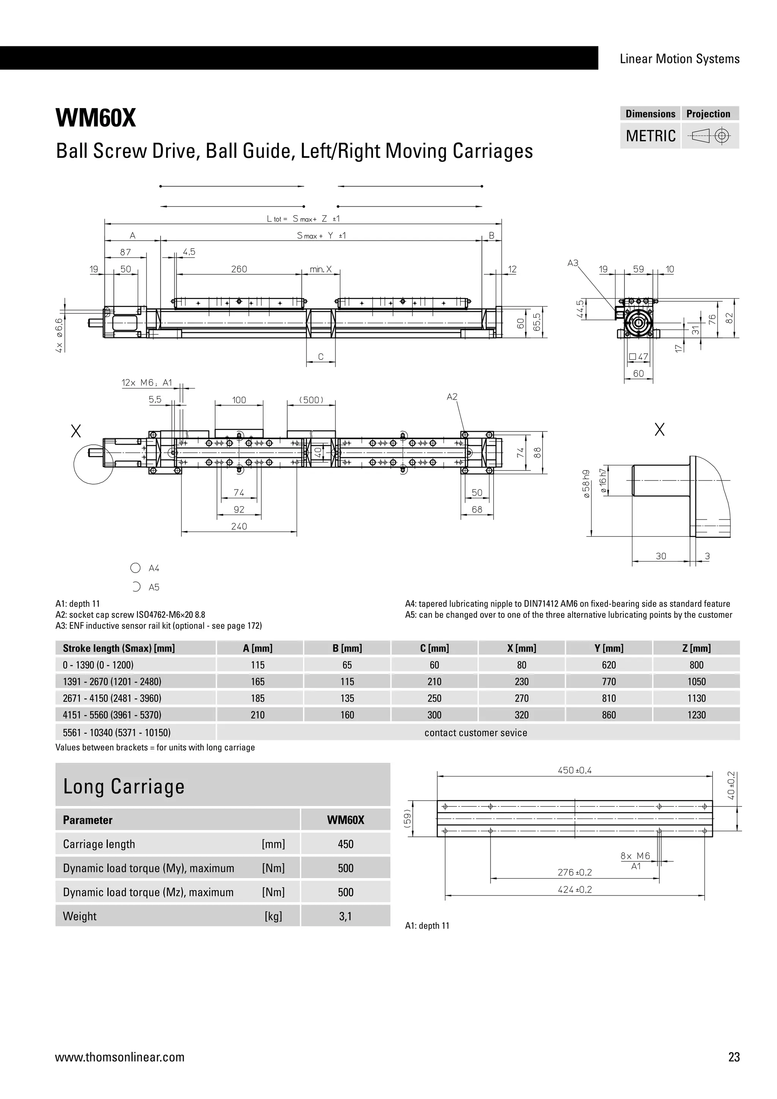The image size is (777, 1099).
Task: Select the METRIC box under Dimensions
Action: [x=650, y=136]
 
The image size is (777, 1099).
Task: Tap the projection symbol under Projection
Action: [x=710, y=136]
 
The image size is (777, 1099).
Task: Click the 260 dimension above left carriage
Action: [x=239, y=269]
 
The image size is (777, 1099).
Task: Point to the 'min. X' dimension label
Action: [x=321, y=269]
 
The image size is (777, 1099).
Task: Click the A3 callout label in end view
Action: [x=573, y=263]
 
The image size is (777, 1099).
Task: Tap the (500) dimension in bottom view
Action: [x=311, y=400]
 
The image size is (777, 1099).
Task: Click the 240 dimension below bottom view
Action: [x=239, y=526]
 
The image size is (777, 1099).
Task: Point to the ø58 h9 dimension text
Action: [x=586, y=484]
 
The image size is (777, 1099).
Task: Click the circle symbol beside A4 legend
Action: [x=135, y=568]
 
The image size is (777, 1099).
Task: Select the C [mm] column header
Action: [x=434, y=648]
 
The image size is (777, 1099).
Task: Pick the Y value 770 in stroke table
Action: [x=609, y=682]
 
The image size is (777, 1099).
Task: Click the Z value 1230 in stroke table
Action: [x=696, y=715]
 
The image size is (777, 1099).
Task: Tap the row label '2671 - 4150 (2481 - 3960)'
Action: [x=112, y=698]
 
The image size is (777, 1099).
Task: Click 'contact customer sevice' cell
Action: [x=476, y=733]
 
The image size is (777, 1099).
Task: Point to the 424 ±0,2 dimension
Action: [x=575, y=890]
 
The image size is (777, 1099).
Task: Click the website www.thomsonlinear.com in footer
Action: [x=120, y=1057]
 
